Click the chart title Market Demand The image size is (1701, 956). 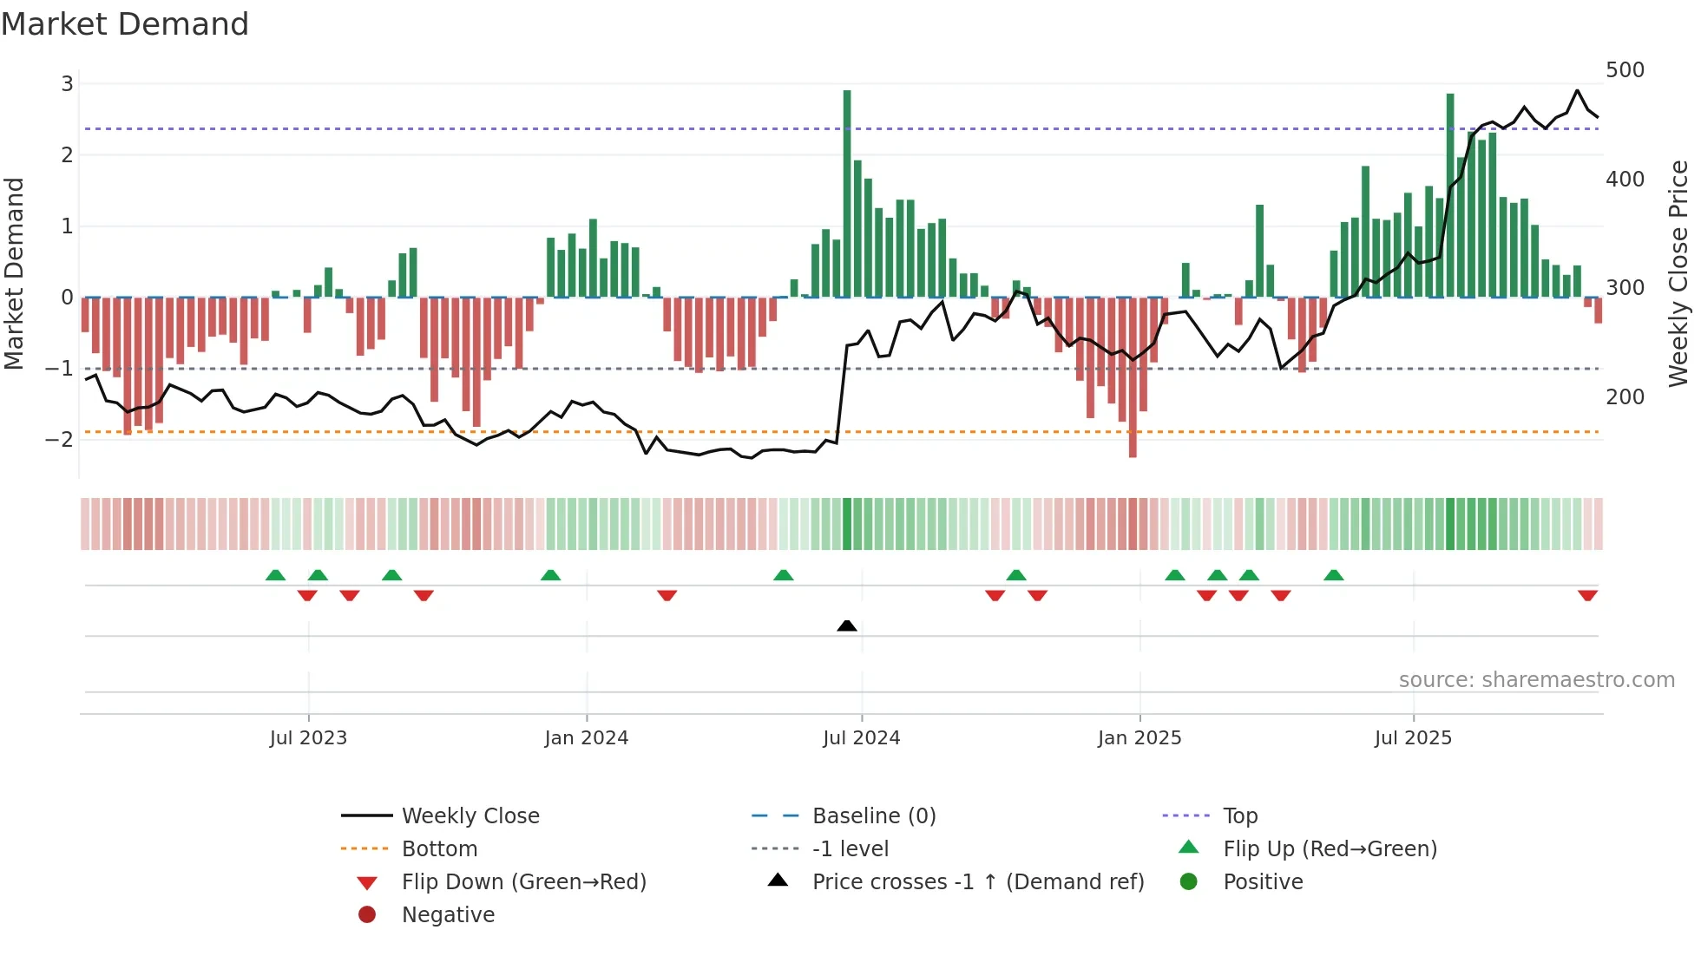pyautogui.click(x=125, y=24)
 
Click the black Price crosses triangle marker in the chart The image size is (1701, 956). pyautogui.click(x=847, y=625)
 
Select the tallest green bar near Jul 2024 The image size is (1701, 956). pyautogui.click(x=847, y=193)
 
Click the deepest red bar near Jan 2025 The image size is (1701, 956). pyautogui.click(x=1133, y=377)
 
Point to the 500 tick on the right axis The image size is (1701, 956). pyautogui.click(x=1625, y=70)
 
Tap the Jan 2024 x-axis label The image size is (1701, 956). pyautogui.click(x=586, y=738)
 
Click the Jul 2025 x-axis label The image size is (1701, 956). pyautogui.click(x=1413, y=738)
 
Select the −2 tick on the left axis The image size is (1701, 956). pyautogui.click(x=59, y=440)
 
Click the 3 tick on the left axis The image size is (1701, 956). pyautogui.click(x=67, y=84)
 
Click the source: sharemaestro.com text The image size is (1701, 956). pyautogui.click(x=1536, y=680)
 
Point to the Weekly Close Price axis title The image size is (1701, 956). pyautogui.click(x=1678, y=273)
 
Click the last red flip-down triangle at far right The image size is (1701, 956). pyautogui.click(x=1587, y=595)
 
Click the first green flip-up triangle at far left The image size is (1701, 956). pyautogui.click(x=275, y=575)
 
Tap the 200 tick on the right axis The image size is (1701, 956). pyautogui.click(x=1625, y=397)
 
